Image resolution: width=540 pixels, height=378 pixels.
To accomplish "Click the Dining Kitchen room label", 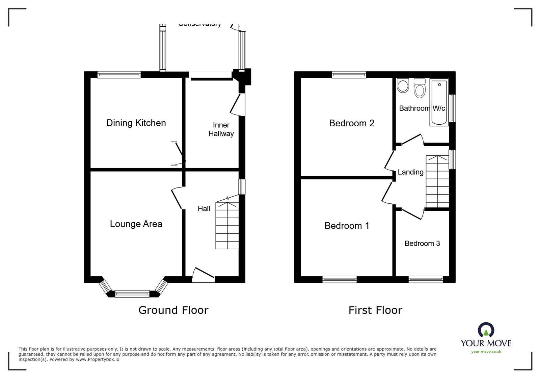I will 136,123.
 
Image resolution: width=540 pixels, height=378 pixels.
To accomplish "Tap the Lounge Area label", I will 136,224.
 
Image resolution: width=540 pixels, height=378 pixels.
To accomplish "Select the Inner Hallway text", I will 221,129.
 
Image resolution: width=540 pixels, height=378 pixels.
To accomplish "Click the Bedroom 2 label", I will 352,123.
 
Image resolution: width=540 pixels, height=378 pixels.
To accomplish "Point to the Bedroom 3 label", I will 422,243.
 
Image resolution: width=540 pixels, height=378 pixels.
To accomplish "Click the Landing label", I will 410,172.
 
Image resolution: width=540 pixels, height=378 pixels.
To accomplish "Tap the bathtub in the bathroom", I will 439,103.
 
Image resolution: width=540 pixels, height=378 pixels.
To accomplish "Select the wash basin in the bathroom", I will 403,85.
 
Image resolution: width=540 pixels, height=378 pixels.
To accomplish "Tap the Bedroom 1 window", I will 340,279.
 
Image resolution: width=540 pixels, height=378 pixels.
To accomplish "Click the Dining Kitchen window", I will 119,75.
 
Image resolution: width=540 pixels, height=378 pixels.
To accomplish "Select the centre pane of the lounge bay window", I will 132,294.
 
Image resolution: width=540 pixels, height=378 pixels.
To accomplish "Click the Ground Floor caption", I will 173,310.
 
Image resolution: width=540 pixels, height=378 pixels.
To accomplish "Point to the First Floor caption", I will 375,310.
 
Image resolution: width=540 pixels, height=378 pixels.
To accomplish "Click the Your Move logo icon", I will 486,330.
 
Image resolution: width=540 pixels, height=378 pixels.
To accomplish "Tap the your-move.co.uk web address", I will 486,352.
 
